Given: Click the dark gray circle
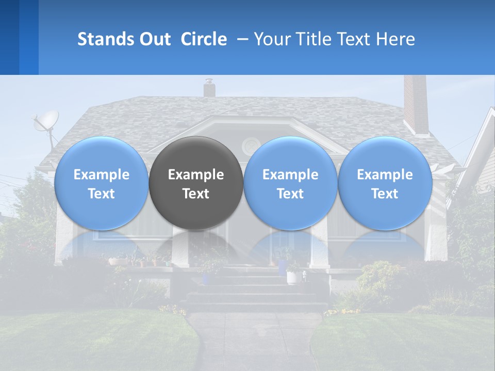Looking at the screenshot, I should click(x=196, y=183).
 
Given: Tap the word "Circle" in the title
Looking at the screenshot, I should click(x=204, y=39).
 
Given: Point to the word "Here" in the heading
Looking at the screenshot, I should click(x=395, y=39).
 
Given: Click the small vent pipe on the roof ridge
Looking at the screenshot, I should click(x=209, y=88).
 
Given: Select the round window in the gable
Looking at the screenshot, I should click(x=251, y=146).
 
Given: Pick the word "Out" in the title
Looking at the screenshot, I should click(x=153, y=39).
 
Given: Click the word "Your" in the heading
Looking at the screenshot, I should click(x=272, y=39).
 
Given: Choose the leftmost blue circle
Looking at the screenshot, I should click(x=102, y=183).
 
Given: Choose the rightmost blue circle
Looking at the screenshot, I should click(x=385, y=183).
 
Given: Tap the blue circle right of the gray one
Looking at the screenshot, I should click(x=290, y=183).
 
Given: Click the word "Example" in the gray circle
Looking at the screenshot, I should click(x=196, y=175).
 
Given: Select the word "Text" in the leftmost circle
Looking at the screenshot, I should click(x=102, y=194).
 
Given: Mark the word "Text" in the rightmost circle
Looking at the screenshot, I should click(x=385, y=194).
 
